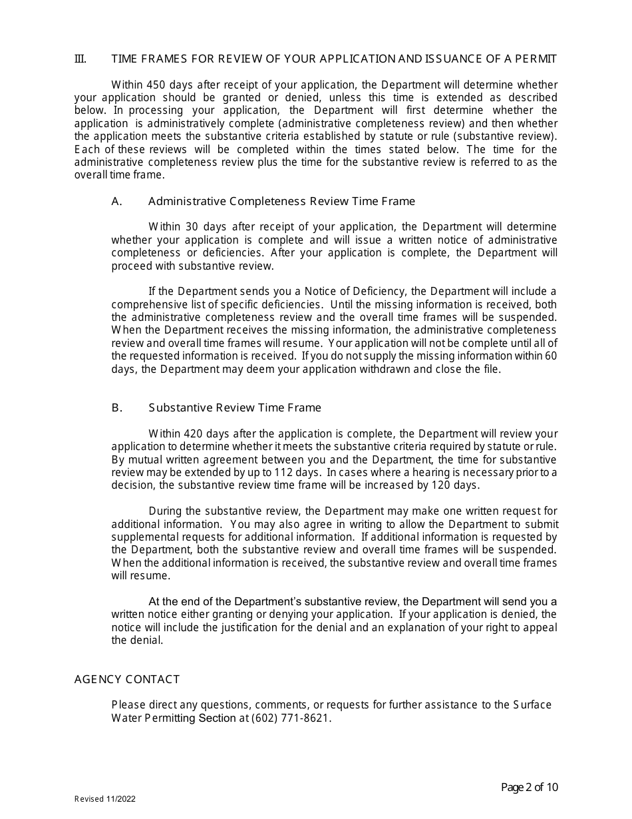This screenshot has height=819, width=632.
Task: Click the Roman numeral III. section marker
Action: pyautogui.click(x=80, y=59)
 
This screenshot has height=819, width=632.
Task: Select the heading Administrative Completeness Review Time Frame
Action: pyautogui.click(x=281, y=201)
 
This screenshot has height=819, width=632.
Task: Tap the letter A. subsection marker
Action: pyautogui.click(x=117, y=201)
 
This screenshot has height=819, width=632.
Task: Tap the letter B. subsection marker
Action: pyautogui.click(x=117, y=408)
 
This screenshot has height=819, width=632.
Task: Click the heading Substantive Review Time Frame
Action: pyautogui.click(x=234, y=408)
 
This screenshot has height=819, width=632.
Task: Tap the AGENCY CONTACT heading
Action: pyautogui.click(x=127, y=679)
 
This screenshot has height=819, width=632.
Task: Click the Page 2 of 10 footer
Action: pyautogui.click(x=529, y=788)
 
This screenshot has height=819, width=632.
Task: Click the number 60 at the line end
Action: pyautogui.click(x=550, y=356)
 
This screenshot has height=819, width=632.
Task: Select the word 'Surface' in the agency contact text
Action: pyautogui.click(x=532, y=704)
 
